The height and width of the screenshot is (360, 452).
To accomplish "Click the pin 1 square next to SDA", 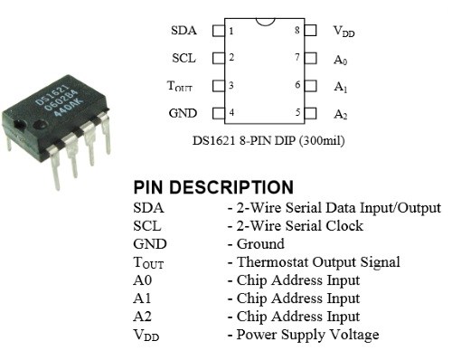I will (217, 31).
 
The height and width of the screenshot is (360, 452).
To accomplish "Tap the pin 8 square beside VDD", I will (310, 31).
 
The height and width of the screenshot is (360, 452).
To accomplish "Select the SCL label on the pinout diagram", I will (184, 58).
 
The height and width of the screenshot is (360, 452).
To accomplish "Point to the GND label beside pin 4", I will (183, 114).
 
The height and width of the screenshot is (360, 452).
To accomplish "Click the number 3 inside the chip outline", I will (231, 86).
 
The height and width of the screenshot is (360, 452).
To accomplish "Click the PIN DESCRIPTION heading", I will (213, 187).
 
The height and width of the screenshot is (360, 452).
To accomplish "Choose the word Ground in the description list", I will (260, 244).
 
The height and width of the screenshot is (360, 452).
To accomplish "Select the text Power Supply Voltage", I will (307, 335).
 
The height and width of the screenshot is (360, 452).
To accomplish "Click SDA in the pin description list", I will (147, 208).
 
